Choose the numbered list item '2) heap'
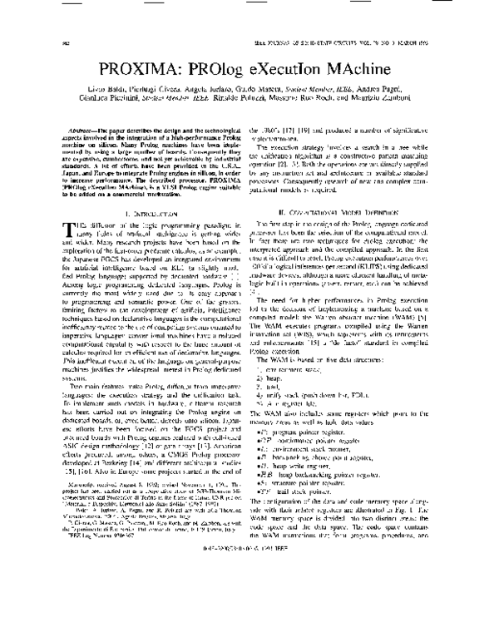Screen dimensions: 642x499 coord(271,379)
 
